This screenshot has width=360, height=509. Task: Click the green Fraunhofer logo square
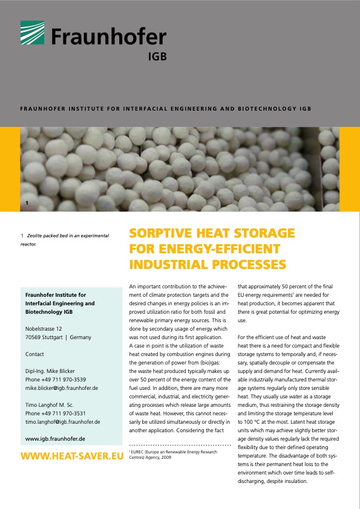pos(33,33)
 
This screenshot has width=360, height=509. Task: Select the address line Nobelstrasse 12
pos(45,329)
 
